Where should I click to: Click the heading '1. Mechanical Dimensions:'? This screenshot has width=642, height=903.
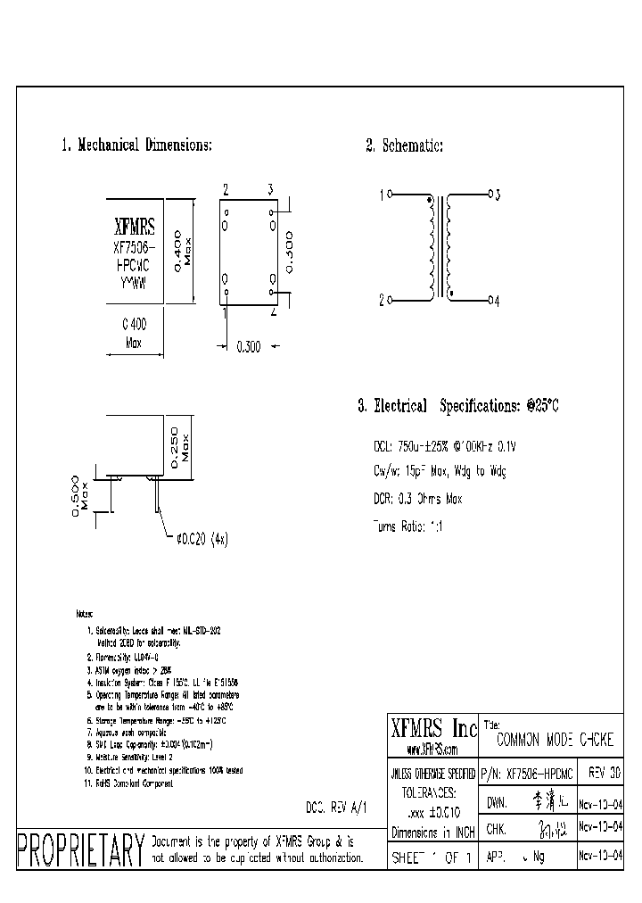click(x=136, y=145)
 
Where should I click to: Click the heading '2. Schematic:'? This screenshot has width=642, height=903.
click(x=404, y=145)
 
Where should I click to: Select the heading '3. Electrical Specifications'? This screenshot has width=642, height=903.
click(x=458, y=406)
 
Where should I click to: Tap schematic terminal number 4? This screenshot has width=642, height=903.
click(x=497, y=302)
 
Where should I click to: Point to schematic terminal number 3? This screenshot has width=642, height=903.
click(x=497, y=194)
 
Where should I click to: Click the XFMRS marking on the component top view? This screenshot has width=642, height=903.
click(x=135, y=228)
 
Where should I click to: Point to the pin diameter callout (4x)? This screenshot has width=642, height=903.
click(x=202, y=539)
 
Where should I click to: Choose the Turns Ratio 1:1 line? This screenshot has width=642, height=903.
click(x=409, y=526)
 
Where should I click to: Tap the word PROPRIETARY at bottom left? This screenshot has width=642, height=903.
click(x=80, y=848)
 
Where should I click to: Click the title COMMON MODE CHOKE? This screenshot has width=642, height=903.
click(x=555, y=740)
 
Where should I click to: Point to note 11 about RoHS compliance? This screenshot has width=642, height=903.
click(x=129, y=783)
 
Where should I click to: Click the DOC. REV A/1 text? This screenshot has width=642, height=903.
click(x=336, y=805)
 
